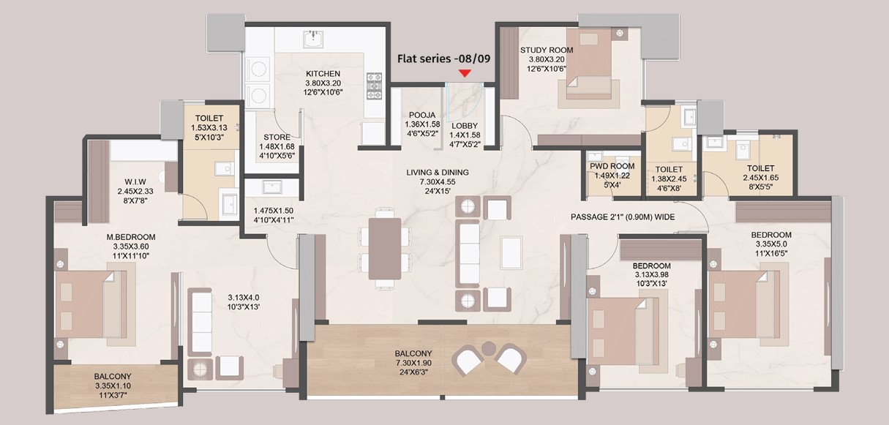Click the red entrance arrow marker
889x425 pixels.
pos(465,73)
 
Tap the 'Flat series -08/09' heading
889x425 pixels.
pos(443,59)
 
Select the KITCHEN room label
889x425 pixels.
pos(323,74)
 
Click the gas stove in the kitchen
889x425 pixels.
pos(374,86)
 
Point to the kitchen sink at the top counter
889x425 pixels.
pos(315,40)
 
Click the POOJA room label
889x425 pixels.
pos(422,115)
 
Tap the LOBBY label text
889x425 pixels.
pos(465,126)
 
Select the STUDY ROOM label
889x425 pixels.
pos(547,50)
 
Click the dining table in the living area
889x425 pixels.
pos(385,249)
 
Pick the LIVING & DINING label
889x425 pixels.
pos(438,173)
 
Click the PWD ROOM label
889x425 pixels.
pos(612,166)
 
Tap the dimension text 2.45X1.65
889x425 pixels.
pos(761,178)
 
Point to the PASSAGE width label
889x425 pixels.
pos(623,217)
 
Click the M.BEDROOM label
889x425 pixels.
pos(131,237)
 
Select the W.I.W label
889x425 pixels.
pos(135,181)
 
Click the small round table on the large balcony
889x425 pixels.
pos(489,348)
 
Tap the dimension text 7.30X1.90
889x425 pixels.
pos(413,363)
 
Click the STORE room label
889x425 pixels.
pos(277,138)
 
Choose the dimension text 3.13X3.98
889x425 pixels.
pos(651,274)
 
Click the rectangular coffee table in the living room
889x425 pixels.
pos(511,253)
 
